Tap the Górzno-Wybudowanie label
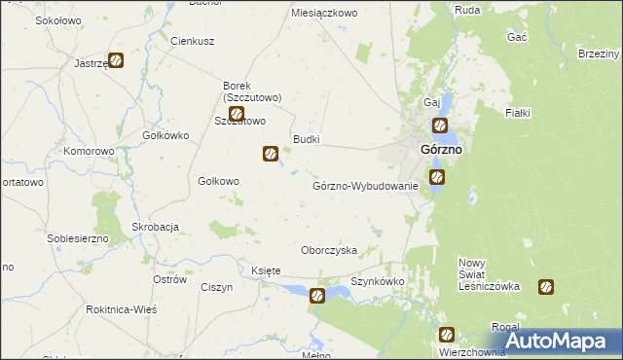[x=365, y=185]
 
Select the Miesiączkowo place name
[x=325, y=14]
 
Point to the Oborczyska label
[x=329, y=250]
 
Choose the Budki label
[x=307, y=140]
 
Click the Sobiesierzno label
[x=77, y=237]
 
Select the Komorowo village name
[x=90, y=152]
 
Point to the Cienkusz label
[x=192, y=42]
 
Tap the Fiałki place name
[x=517, y=114]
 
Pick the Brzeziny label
[x=599, y=54]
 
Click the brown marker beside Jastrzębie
[x=116, y=60]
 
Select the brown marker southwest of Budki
[x=271, y=153]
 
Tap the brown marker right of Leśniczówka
[x=546, y=287]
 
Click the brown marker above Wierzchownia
[x=445, y=336]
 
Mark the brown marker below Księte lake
[x=317, y=297]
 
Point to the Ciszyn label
[x=216, y=287]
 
